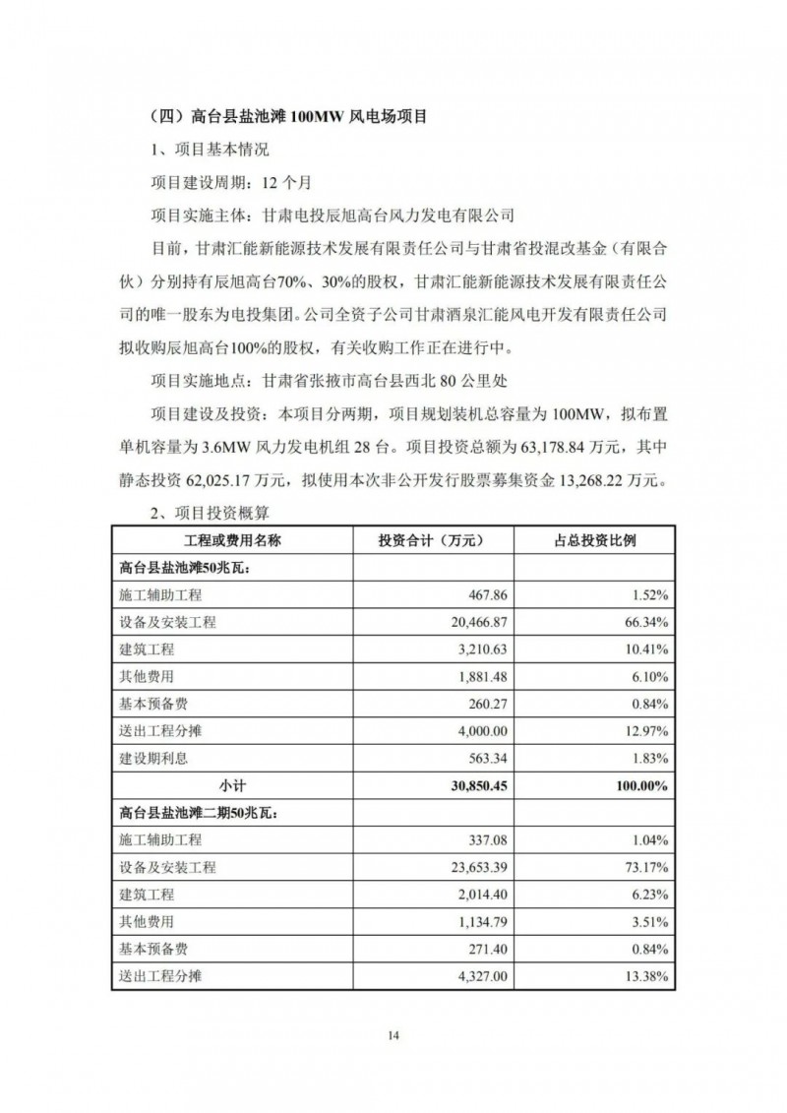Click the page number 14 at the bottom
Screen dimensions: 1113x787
pyautogui.click(x=393, y=1035)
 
